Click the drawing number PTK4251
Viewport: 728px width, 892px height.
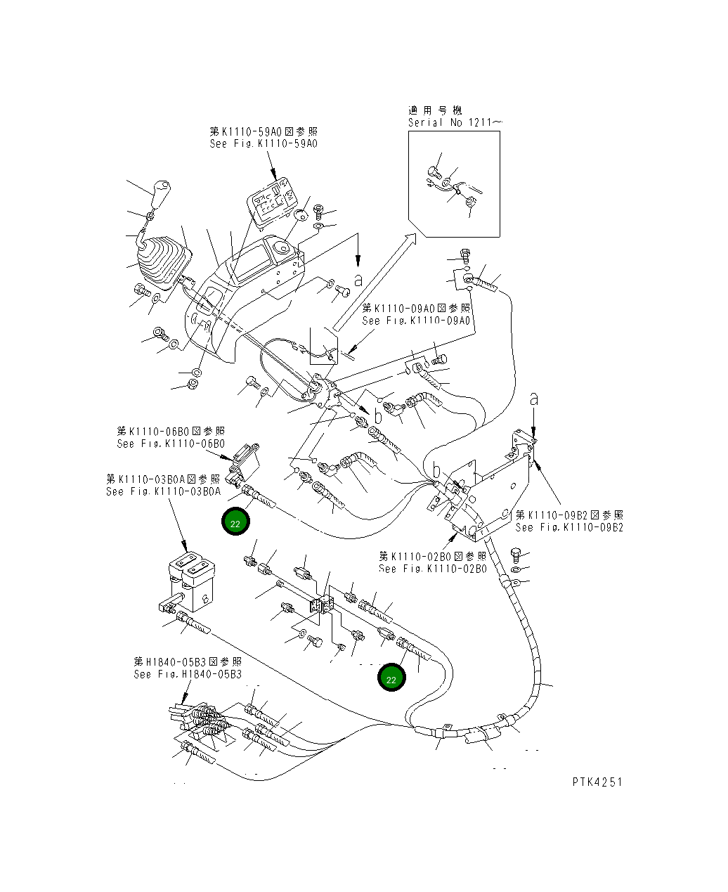click(597, 782)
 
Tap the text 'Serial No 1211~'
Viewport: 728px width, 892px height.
click(455, 122)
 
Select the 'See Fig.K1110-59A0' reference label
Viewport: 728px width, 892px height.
click(264, 143)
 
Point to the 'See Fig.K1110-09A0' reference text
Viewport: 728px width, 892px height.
click(416, 321)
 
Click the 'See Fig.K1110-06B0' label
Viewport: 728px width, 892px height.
click(171, 444)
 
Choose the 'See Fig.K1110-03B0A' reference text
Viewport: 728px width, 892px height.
click(163, 491)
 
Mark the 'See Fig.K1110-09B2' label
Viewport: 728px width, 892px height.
click(568, 527)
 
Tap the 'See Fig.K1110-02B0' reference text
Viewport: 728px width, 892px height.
click(432, 569)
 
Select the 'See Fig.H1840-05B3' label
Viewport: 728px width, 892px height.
click(188, 674)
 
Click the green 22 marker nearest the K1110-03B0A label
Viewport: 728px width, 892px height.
click(235, 523)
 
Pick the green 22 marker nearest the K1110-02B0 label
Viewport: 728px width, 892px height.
click(391, 678)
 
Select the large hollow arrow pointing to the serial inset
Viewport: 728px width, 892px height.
click(373, 281)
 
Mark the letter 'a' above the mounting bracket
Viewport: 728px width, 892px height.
click(534, 399)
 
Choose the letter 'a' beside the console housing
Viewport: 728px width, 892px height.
click(358, 280)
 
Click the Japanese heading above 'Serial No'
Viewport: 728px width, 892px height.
click(435, 110)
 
